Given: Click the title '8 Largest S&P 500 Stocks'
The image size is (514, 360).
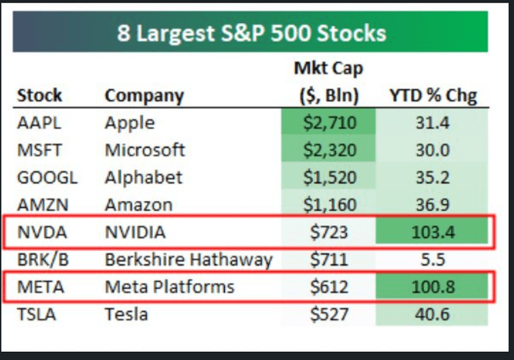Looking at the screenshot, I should click(x=251, y=33).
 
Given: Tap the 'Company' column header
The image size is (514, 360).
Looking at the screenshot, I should click(x=144, y=95).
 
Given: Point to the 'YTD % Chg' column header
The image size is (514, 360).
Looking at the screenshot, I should click(x=432, y=95).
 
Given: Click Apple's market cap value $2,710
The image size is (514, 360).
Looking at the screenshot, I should click(x=328, y=123).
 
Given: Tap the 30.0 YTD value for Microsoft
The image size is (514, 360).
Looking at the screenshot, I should click(x=432, y=150).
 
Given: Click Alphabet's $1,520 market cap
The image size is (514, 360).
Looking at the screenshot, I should click(x=328, y=177).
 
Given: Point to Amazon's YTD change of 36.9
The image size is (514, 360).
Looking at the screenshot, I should click(x=432, y=204).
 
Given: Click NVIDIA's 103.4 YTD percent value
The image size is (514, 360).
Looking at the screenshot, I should click(x=432, y=232).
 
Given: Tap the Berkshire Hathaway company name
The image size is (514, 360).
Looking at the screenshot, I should click(x=188, y=259).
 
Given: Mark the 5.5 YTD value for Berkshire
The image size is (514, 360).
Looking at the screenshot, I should click(x=432, y=259).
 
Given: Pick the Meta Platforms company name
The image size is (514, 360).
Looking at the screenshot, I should click(x=169, y=286).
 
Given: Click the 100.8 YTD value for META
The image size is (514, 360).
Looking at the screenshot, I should click(x=432, y=286).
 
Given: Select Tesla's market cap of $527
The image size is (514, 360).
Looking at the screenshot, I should click(x=328, y=314).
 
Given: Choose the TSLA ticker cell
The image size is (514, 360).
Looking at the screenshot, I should click(x=37, y=314).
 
